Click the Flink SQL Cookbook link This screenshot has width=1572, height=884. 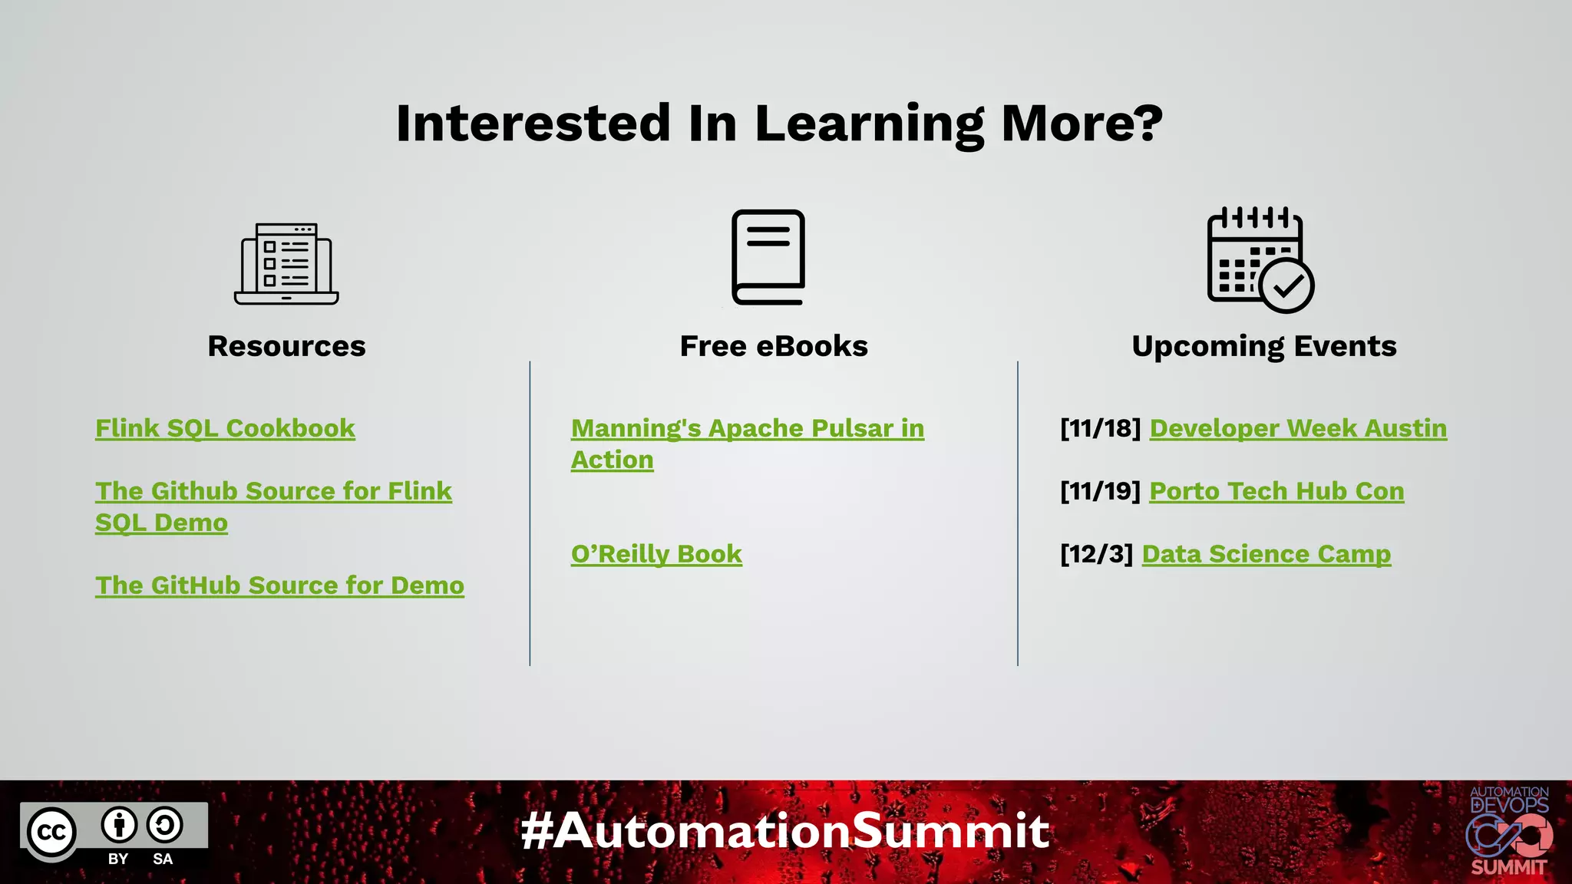[225, 428]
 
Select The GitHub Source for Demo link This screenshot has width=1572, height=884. [279, 585]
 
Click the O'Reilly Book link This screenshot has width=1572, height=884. [656, 554]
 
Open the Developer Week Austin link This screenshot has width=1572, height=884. [1298, 428]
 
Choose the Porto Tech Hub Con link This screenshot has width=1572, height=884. [1276, 491]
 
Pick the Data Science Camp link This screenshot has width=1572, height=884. [1266, 554]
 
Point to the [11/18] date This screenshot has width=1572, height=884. [1100, 428]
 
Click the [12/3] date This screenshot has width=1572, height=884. [1096, 554]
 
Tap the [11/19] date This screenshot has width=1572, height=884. [1100, 491]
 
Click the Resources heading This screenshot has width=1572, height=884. [286, 346]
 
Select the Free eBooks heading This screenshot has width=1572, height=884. [774, 346]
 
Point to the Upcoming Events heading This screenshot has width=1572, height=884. [1264, 346]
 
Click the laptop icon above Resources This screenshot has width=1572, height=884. [286, 264]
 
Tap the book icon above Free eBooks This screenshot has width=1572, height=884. [768, 257]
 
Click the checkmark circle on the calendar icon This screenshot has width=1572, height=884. [1287, 286]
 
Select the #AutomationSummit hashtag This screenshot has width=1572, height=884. [784, 831]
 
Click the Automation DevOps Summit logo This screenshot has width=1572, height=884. [1509, 832]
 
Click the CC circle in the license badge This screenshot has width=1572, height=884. [52, 833]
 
